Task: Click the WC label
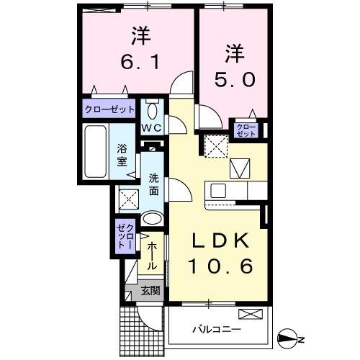pos(152,128)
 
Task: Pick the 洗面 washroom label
pos(154,185)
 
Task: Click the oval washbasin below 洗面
pos(152,219)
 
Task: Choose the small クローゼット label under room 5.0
pos(247,130)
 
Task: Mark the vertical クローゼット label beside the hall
pos(125,235)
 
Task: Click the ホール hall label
pos(152,255)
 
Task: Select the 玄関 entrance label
pos(150,292)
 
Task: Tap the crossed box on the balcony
pos(251,314)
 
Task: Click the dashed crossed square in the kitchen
pos(215,145)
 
